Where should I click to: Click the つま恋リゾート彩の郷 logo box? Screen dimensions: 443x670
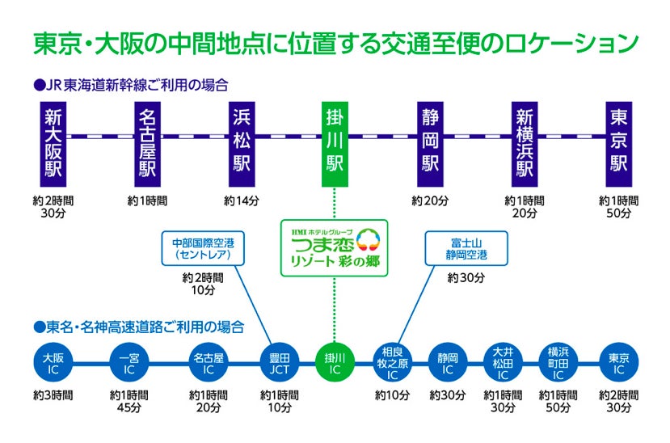point(335,247)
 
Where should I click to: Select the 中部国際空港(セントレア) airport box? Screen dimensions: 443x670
point(202,248)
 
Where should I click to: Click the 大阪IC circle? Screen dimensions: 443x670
point(53,363)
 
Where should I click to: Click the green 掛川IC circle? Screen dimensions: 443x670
point(334,363)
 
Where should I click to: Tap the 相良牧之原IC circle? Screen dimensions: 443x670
point(392,363)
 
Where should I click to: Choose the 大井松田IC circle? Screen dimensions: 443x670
point(503,363)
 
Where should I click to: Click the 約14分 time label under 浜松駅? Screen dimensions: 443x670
point(242,200)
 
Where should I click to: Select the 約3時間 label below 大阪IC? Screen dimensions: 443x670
point(53,396)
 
